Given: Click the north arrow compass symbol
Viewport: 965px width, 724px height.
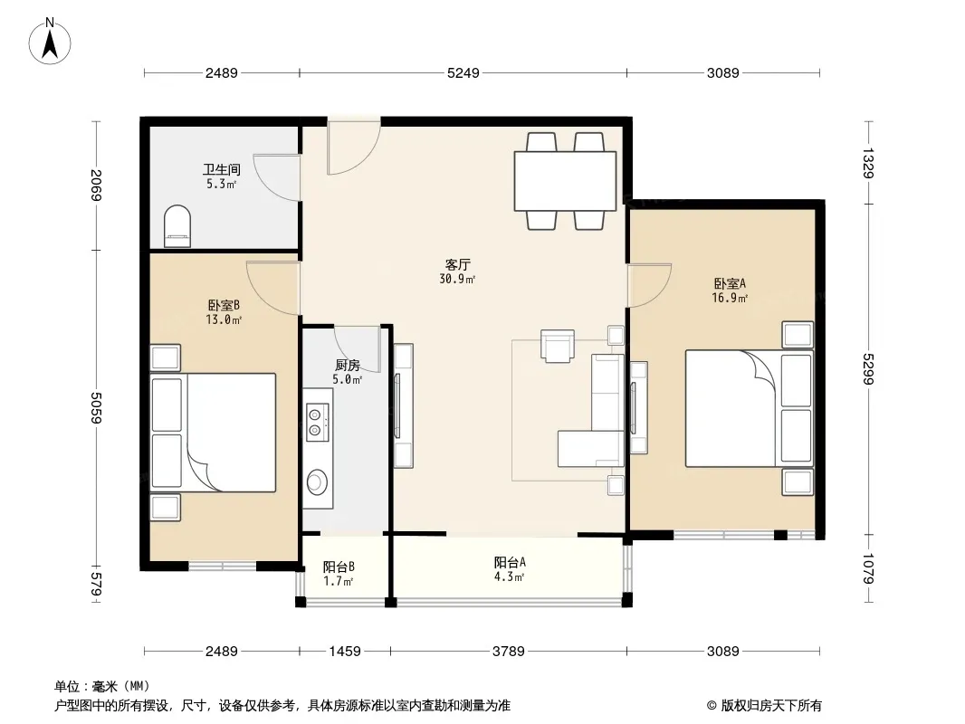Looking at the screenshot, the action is pyautogui.click(x=50, y=42).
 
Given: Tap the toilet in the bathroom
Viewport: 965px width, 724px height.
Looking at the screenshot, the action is pyautogui.click(x=177, y=225).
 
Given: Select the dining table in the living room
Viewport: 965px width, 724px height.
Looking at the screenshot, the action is pyautogui.click(x=565, y=181).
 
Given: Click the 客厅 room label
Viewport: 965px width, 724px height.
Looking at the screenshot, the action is pyautogui.click(x=457, y=265).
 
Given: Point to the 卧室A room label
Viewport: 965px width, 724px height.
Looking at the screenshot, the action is pyautogui.click(x=730, y=283).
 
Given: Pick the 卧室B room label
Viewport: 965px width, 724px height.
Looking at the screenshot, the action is pyautogui.click(x=224, y=305).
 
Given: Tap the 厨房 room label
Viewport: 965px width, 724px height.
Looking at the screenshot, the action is pyautogui.click(x=347, y=366).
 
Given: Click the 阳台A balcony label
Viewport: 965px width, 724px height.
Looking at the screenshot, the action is pyautogui.click(x=510, y=562).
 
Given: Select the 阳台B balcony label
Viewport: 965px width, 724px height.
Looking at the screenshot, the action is pyautogui.click(x=339, y=567).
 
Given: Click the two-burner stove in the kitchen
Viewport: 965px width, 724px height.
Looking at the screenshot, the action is pyautogui.click(x=316, y=422).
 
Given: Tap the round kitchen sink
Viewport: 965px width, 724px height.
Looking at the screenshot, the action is pyautogui.click(x=317, y=481).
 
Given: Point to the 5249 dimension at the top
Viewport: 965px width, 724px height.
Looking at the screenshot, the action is pyautogui.click(x=463, y=72).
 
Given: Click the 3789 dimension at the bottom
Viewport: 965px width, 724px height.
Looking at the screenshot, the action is pyautogui.click(x=509, y=651).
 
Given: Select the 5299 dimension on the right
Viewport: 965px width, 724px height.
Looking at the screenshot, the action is pyautogui.click(x=868, y=368).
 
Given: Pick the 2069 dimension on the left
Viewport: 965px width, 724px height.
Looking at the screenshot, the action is pyautogui.click(x=95, y=185).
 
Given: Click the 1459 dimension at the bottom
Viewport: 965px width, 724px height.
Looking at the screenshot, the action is pyautogui.click(x=345, y=651).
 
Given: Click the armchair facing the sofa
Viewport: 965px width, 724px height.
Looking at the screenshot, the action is pyautogui.click(x=558, y=345).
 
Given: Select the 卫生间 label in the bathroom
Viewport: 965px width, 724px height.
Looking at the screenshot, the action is pyautogui.click(x=222, y=169).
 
